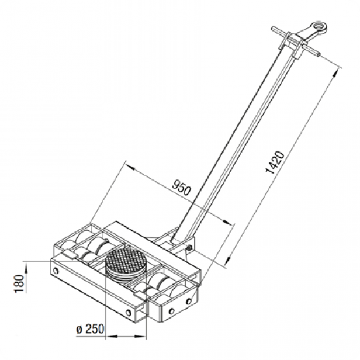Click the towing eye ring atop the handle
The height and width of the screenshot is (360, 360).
(x=319, y=27)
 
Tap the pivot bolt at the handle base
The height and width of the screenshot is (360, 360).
(x=189, y=247)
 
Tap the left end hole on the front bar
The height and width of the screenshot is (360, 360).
(x=56, y=271)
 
